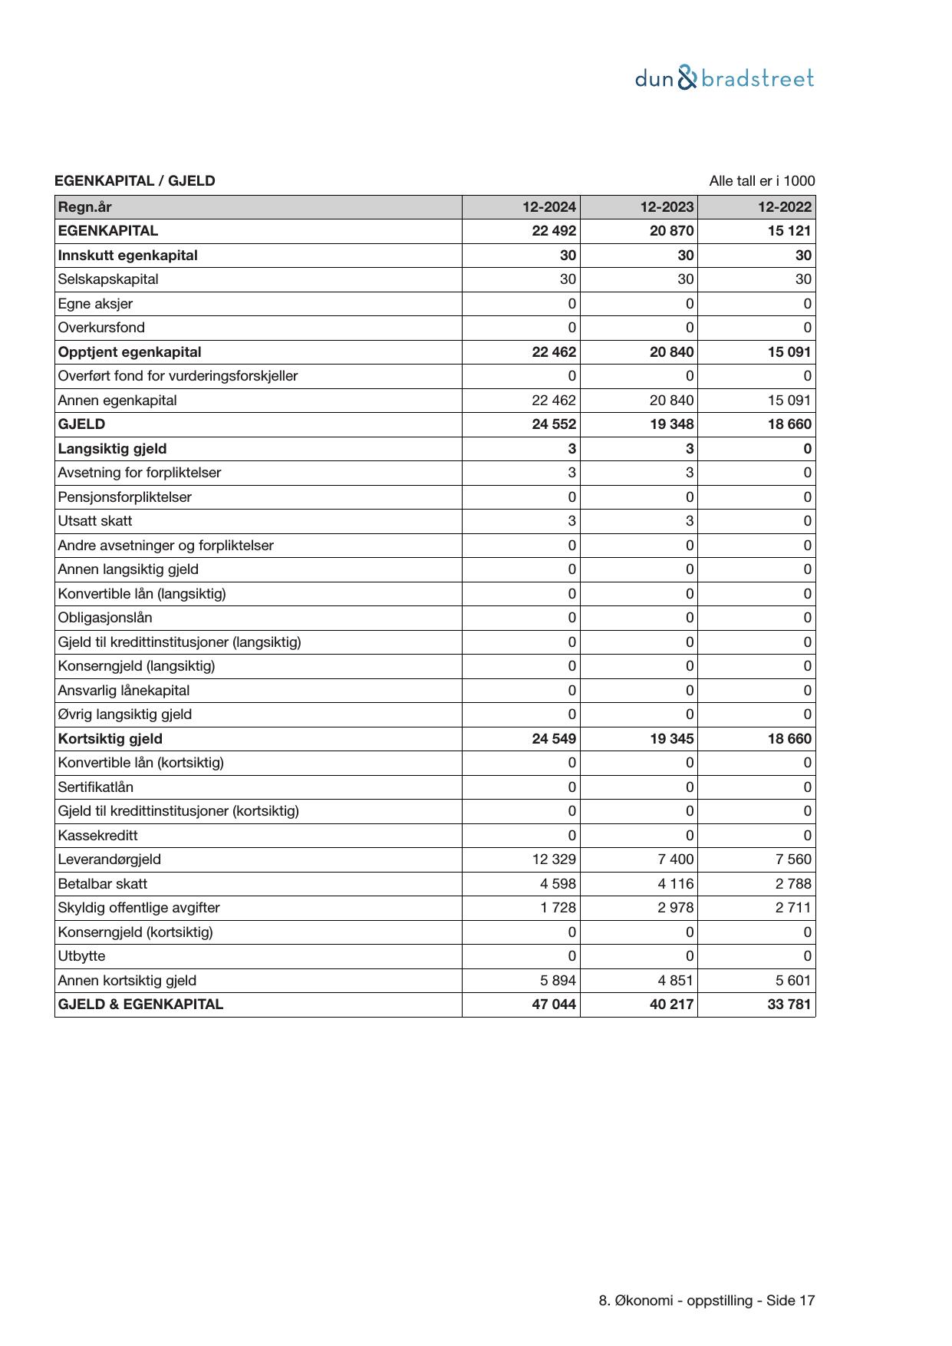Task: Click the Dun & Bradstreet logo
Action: pos(724,78)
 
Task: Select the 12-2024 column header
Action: pos(549,207)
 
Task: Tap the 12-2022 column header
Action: pos(784,207)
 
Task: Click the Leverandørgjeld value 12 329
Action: pos(554,859)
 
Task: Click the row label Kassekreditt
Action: pos(98,836)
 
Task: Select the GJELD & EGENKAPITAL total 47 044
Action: pos(554,1005)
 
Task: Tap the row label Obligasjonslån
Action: pos(105,618)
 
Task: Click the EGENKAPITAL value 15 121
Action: pos(789,231)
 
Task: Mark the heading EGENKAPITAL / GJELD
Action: pos(135,181)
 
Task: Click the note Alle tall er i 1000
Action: pos(762,181)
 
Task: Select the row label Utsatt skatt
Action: pos(95,521)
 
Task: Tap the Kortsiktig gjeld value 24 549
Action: pos(554,739)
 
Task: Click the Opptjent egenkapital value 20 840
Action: pos(672,352)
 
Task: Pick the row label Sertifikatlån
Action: pos(96,787)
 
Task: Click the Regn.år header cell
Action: pos(85,207)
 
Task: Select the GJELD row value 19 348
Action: pos(672,424)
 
